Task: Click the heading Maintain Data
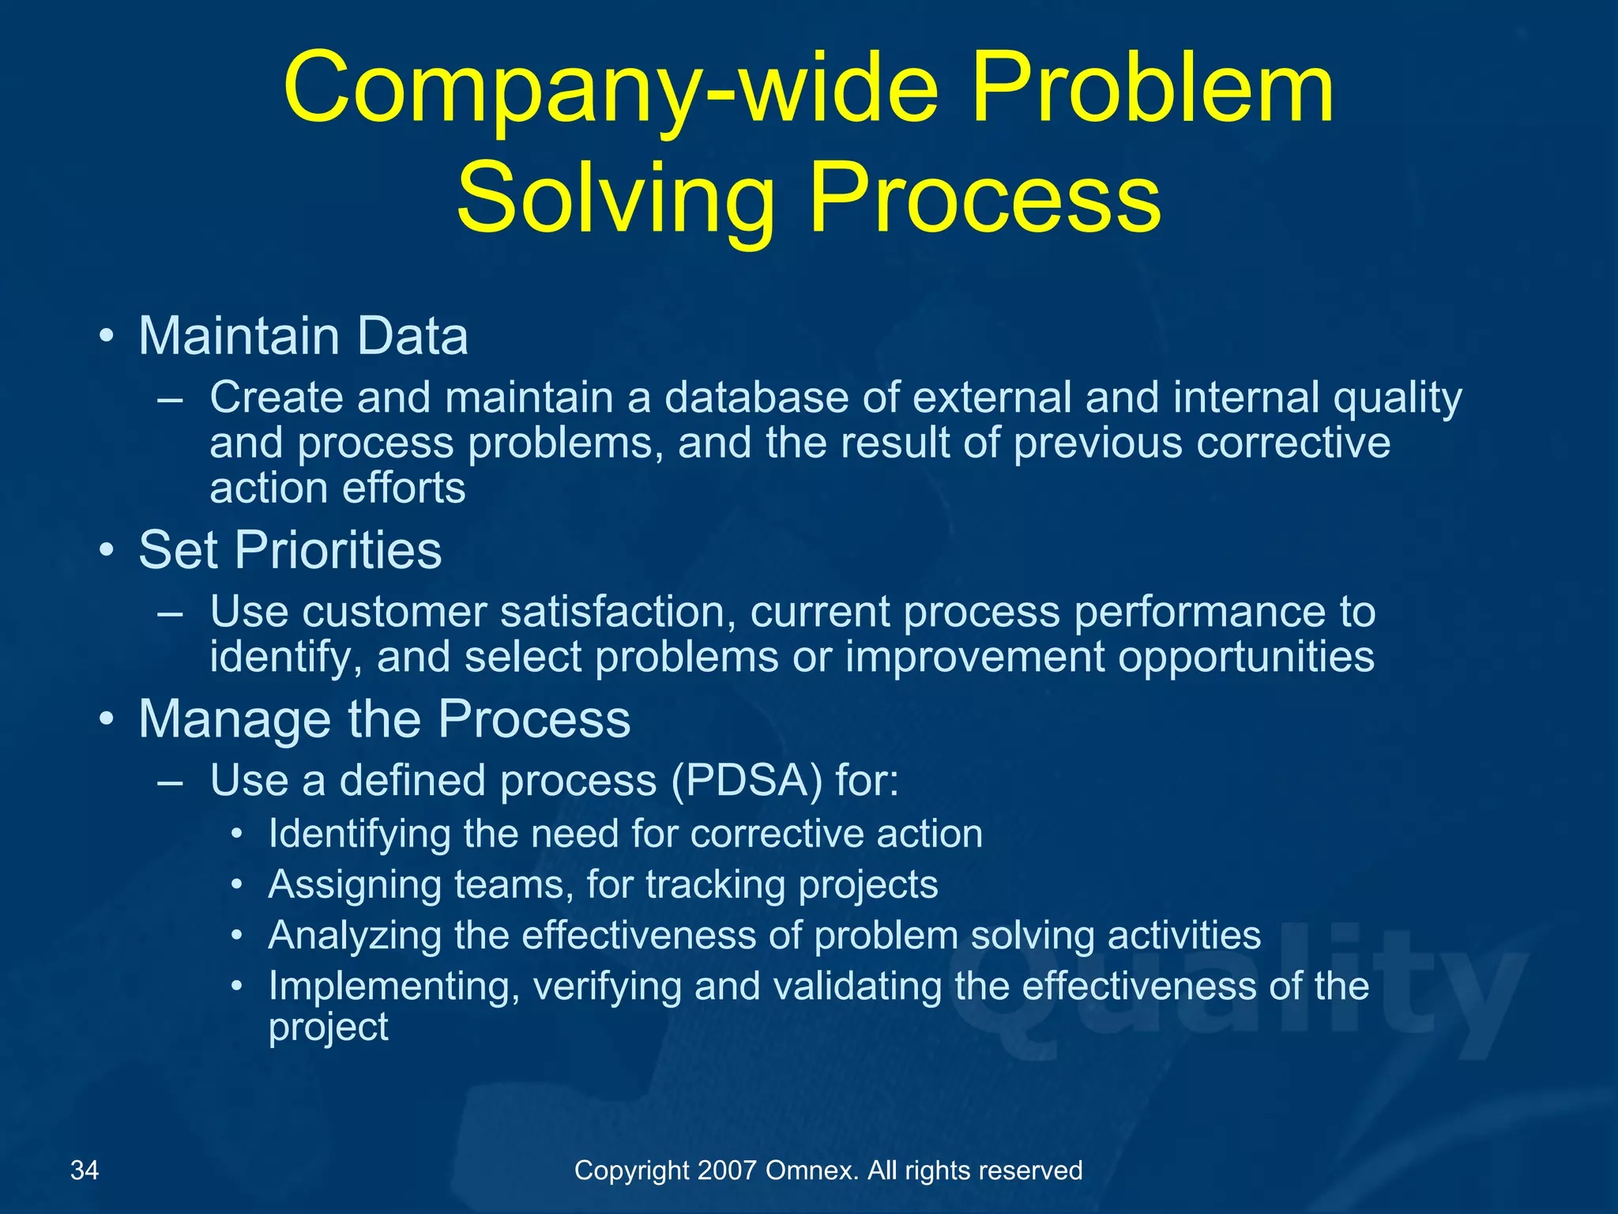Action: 303,336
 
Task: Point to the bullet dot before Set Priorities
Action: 107,550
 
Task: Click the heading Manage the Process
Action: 384,719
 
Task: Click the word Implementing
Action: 393,987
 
